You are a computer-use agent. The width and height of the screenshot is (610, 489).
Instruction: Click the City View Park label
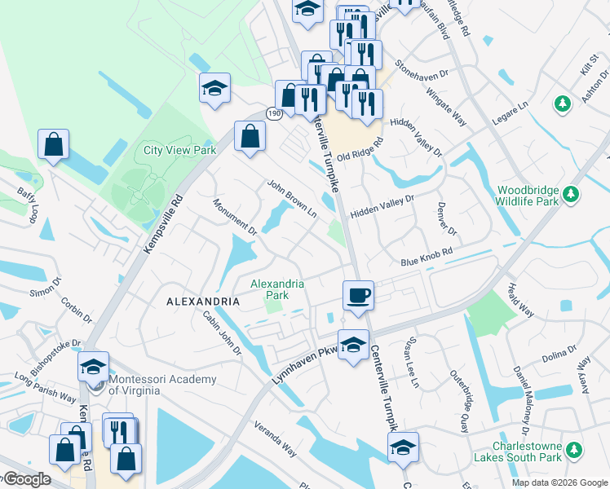click(179, 150)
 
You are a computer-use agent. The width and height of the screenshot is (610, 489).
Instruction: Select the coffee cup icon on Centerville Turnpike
click(357, 295)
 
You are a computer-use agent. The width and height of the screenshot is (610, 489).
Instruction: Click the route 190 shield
click(273, 115)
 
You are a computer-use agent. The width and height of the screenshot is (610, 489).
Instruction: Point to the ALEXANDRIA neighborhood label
click(203, 302)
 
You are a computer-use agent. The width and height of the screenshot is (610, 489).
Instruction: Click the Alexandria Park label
click(277, 289)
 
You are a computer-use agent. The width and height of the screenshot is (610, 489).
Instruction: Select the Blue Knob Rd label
click(426, 260)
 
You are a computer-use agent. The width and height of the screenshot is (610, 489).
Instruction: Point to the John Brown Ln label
click(291, 198)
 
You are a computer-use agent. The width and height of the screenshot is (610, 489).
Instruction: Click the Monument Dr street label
click(235, 217)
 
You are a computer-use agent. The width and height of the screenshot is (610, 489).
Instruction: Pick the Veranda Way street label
click(275, 437)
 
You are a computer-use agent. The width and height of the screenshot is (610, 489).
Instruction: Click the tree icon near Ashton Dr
click(561, 104)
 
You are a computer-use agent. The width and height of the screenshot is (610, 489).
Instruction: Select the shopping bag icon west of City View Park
click(53, 146)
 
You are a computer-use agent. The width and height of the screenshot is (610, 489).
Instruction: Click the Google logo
click(26, 479)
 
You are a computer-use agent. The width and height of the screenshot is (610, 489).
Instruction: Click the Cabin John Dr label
click(222, 335)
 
